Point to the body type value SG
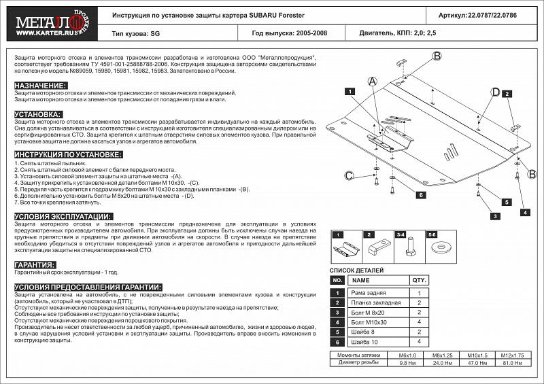coord(155,32)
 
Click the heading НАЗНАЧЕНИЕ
coord(40,86)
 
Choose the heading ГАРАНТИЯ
coord(35,264)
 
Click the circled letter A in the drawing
coord(372,82)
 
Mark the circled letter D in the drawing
coord(496,92)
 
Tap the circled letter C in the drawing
coord(349,176)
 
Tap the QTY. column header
coord(418,280)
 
